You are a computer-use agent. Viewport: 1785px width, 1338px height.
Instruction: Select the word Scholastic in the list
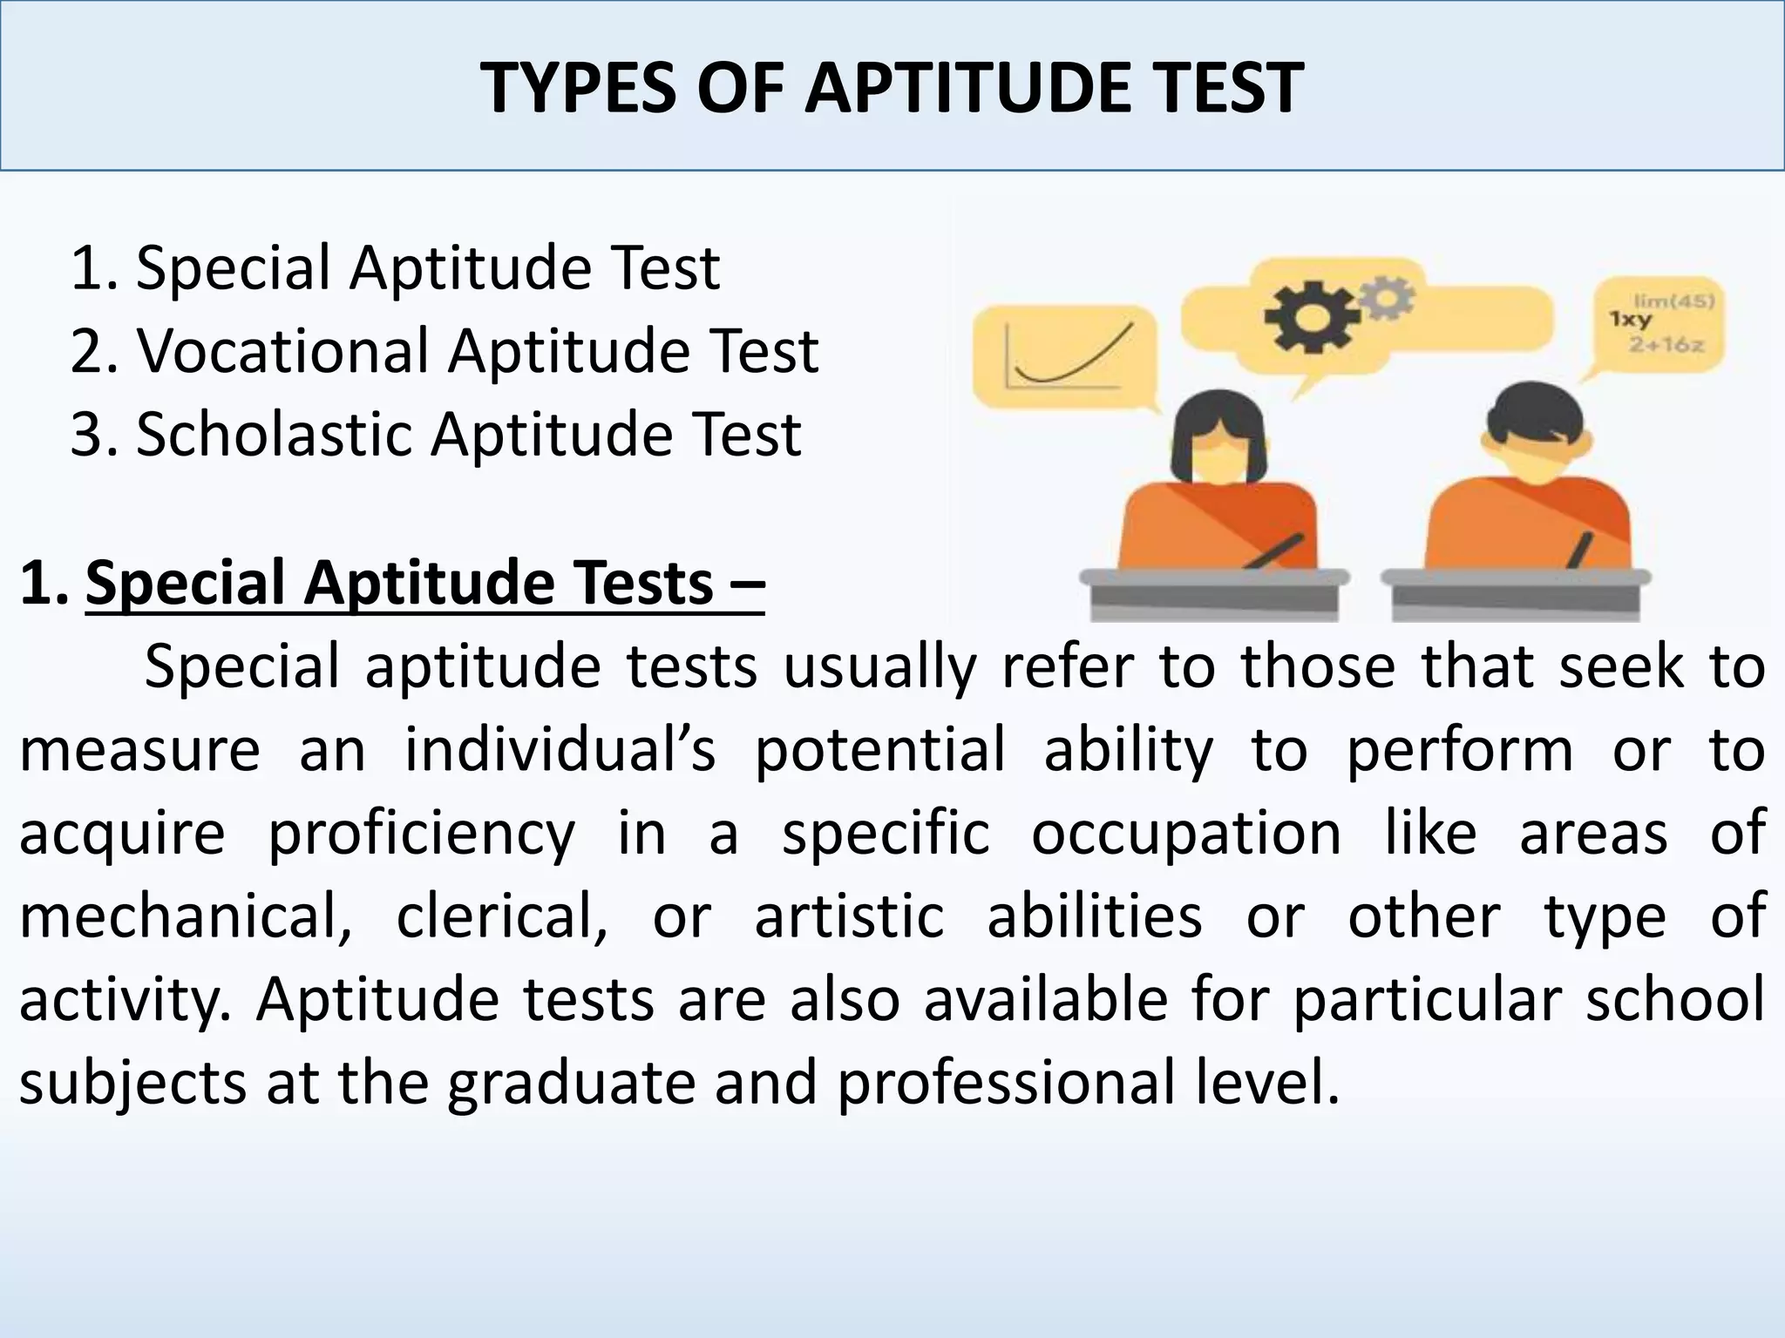[x=273, y=434]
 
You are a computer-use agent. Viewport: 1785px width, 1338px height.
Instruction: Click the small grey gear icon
[x=1387, y=297]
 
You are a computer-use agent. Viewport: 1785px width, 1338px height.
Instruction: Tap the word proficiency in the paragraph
[x=421, y=834]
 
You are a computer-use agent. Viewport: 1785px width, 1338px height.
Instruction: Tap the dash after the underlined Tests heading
[x=745, y=584]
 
